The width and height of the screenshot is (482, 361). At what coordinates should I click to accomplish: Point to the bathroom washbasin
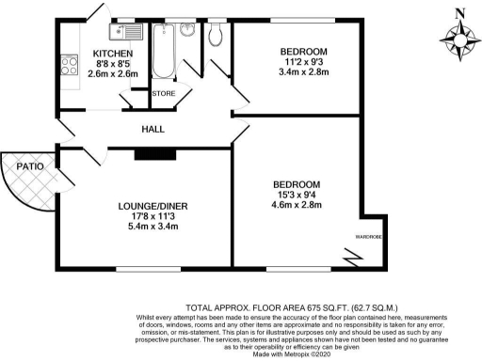187,29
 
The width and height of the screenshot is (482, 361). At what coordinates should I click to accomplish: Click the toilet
217,34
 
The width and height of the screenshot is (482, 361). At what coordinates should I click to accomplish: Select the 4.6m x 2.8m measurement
297,204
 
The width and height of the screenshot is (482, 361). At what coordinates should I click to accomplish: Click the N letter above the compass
458,12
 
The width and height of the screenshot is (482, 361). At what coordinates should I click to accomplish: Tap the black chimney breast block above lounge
149,152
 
